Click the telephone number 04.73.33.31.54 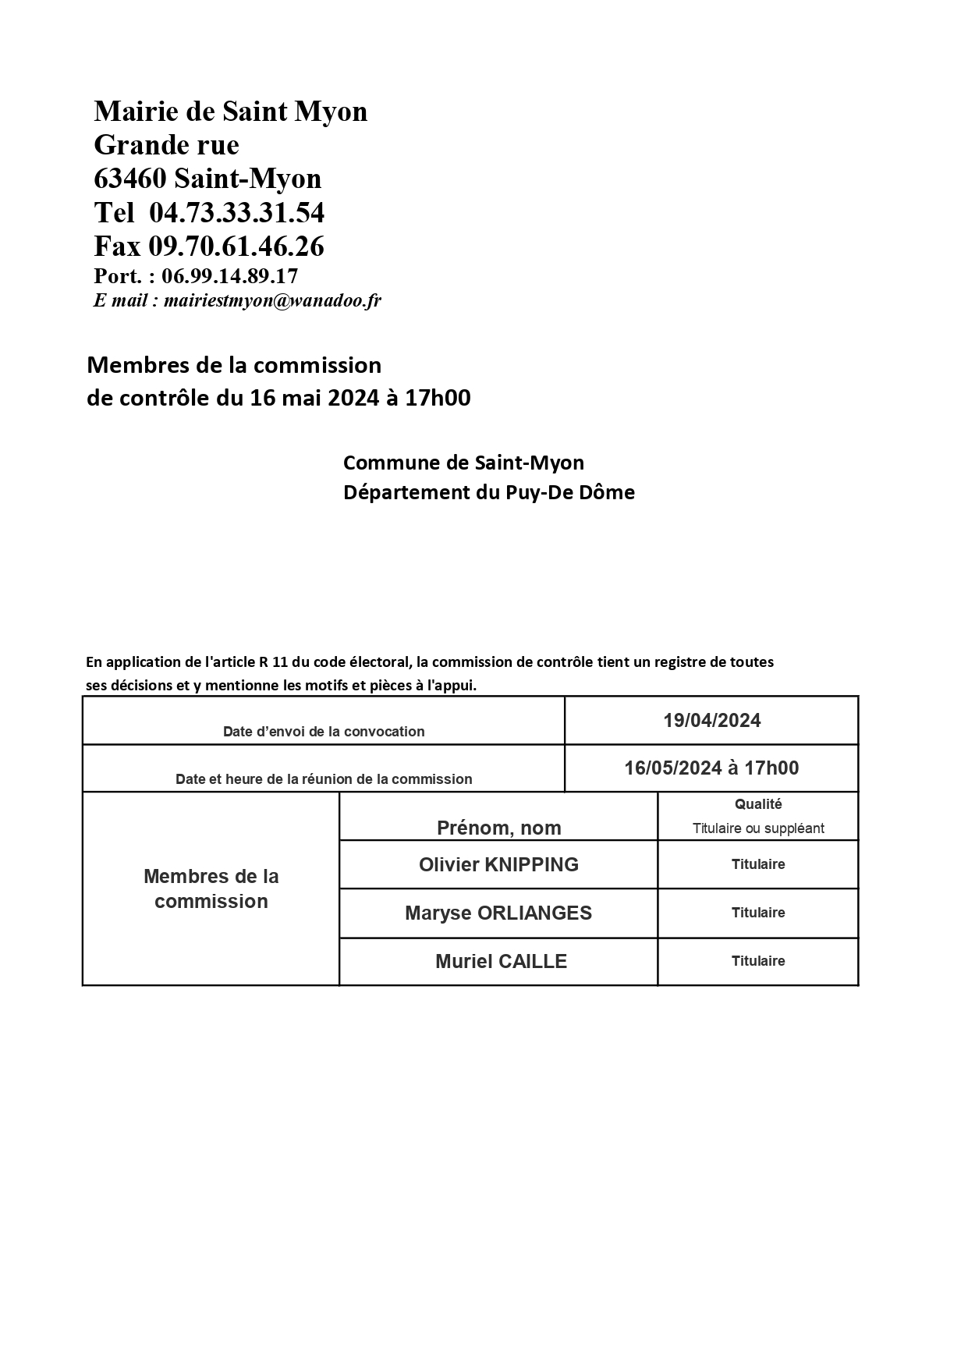click(236, 213)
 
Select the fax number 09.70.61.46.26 click(236, 246)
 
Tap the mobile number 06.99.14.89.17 click(229, 276)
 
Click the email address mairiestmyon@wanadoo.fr click(272, 300)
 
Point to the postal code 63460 click(130, 179)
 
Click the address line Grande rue click(166, 145)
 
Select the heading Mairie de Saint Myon click(230, 112)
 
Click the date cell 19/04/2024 click(711, 721)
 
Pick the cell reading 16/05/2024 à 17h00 click(711, 768)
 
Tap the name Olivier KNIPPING click(498, 864)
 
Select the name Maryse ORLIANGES click(498, 913)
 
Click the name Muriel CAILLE click(501, 961)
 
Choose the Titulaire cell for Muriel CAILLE click(758, 961)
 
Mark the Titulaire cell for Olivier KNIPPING click(758, 864)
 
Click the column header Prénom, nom click(498, 828)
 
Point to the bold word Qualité click(758, 804)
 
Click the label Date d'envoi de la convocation click(324, 732)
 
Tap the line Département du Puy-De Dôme click(488, 492)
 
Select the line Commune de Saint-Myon click(463, 463)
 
